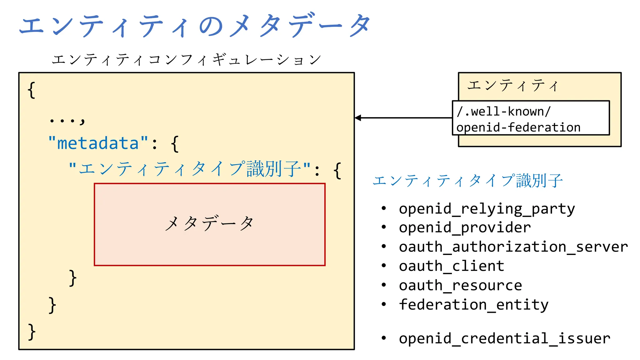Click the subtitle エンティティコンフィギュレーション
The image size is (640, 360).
[186, 59]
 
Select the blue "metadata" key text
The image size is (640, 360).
[98, 143]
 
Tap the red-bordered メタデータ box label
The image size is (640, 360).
[209, 224]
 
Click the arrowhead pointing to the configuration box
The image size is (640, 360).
[358, 118]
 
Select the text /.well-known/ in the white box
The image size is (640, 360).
[503, 112]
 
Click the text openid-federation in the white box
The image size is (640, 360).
[518, 127]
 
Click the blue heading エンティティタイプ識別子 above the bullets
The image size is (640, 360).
[467, 181]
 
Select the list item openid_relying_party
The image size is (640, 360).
[487, 209]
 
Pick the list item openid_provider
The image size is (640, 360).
[465, 227]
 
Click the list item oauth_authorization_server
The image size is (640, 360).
[513, 247]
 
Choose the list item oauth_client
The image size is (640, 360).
[451, 266]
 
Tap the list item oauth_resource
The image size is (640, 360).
[460, 285]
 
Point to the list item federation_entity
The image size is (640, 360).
[473, 305]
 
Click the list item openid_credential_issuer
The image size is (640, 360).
[504, 338]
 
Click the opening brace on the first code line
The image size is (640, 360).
[31, 90]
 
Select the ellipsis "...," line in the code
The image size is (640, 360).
[67, 120]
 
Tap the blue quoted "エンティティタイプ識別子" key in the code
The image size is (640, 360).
[189, 169]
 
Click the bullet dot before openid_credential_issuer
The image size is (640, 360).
[384, 338]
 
